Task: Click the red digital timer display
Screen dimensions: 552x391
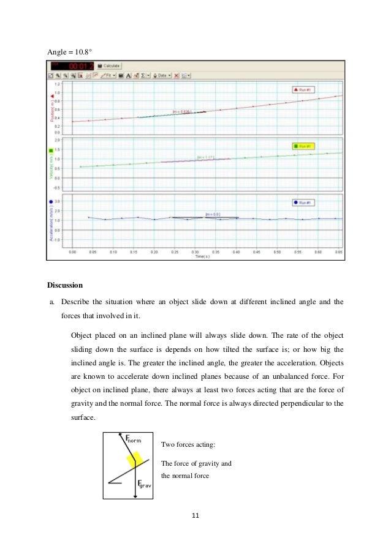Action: (x=79, y=65)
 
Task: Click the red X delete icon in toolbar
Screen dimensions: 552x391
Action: (x=176, y=75)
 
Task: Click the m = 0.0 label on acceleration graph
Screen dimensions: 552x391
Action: (x=212, y=214)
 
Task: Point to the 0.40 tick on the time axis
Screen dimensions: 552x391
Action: (x=235, y=251)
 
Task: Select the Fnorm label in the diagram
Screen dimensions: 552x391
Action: (x=133, y=439)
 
